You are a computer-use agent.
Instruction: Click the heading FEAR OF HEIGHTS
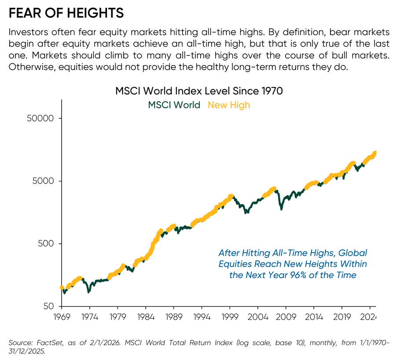coord(66,13)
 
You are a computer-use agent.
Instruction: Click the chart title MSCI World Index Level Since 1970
coord(199,91)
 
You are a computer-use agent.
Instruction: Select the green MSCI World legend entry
coord(174,105)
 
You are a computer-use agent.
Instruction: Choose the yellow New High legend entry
coord(228,105)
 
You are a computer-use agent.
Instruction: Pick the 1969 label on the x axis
coord(62,316)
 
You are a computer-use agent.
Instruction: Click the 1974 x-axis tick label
coord(89,316)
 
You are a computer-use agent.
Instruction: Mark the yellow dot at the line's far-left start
coord(62,288)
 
